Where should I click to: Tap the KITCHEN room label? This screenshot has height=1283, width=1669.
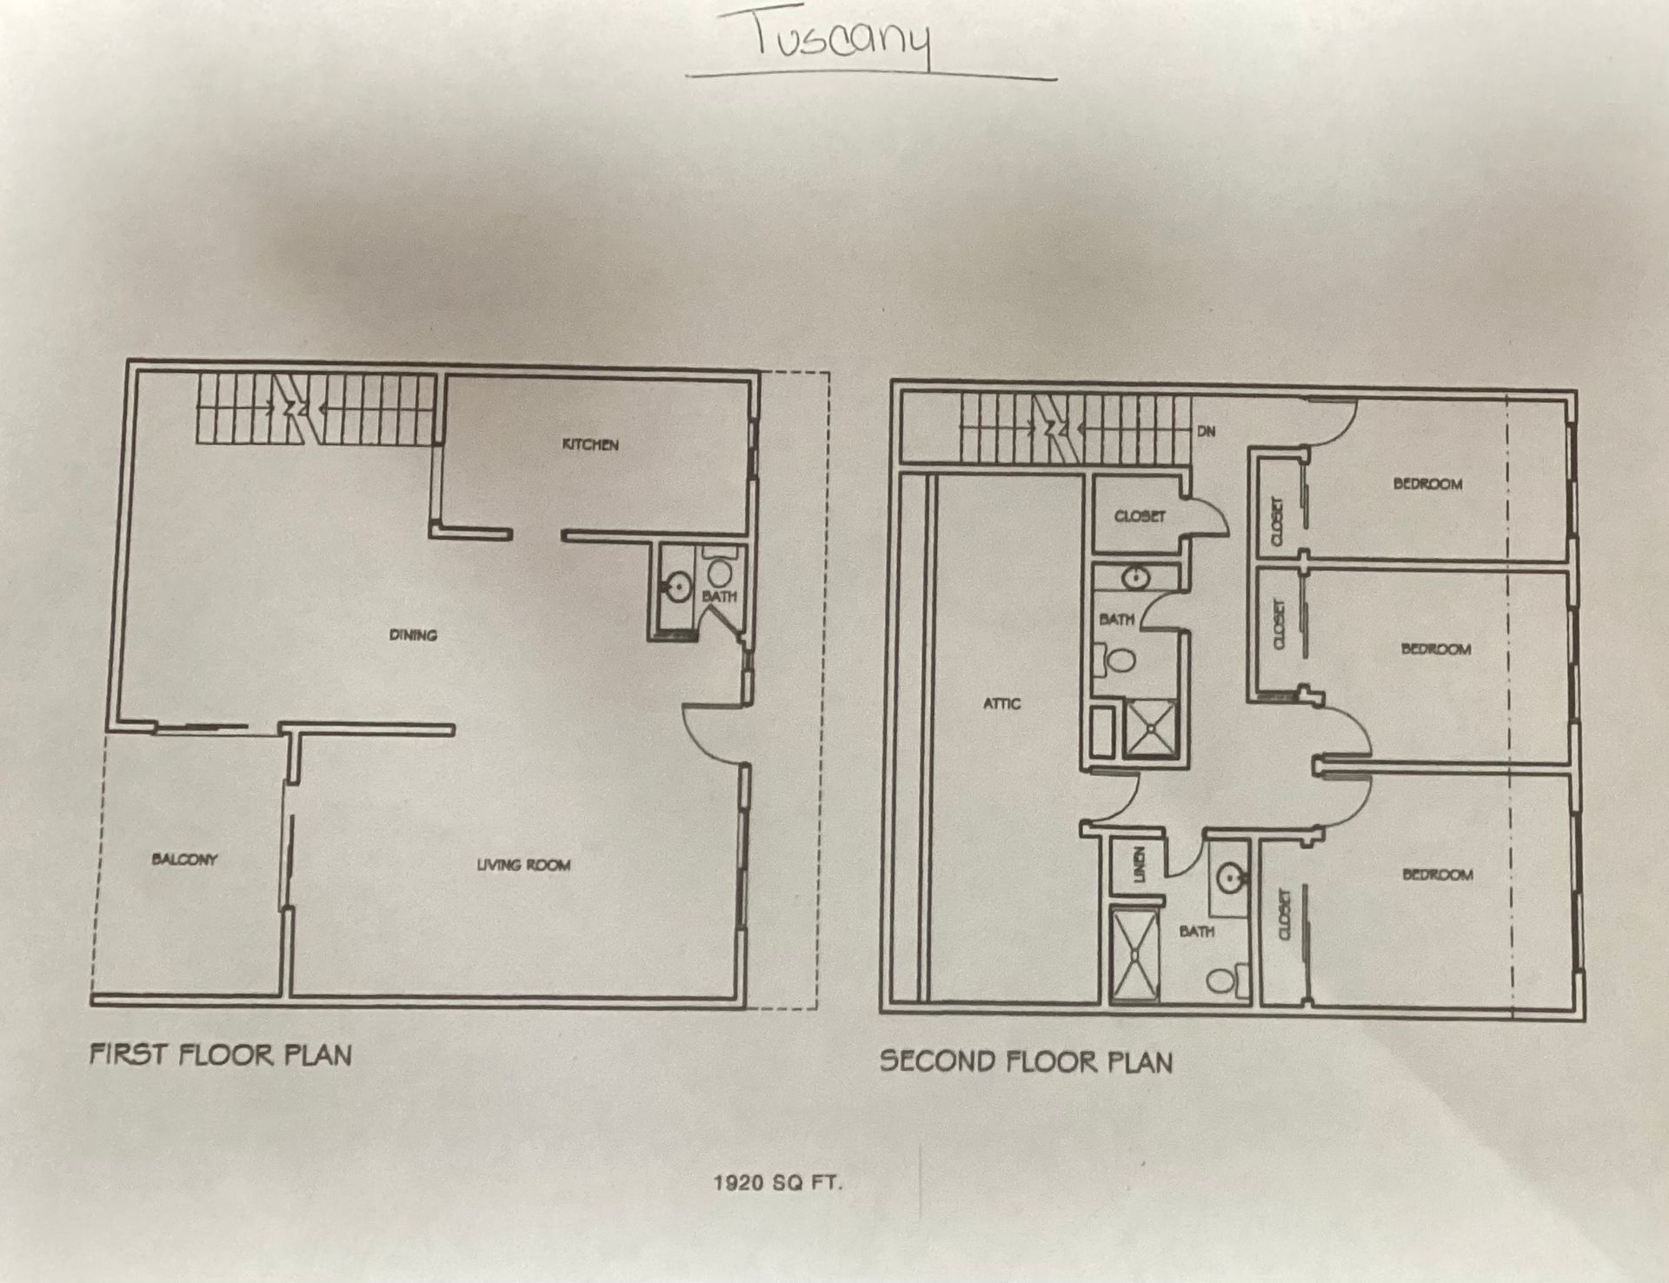(x=590, y=445)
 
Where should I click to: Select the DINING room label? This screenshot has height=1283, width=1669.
(x=413, y=635)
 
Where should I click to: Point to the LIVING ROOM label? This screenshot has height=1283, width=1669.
(x=523, y=865)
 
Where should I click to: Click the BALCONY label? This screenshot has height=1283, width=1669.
(x=184, y=860)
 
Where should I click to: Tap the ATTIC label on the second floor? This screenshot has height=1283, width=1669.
(x=1001, y=703)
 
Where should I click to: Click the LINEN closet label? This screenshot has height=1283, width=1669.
(x=1140, y=865)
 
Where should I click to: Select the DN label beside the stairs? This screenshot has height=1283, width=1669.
(x=1207, y=431)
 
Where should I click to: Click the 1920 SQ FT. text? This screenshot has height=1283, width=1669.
(x=778, y=1182)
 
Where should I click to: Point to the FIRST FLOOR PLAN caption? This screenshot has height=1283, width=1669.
(x=221, y=1055)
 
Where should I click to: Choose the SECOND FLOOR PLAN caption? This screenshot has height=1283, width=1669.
(x=1026, y=1061)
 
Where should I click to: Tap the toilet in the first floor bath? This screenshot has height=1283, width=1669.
(x=720, y=571)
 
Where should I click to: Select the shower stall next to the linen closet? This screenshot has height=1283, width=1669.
(x=1135, y=954)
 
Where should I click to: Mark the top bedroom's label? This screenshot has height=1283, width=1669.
(x=1427, y=484)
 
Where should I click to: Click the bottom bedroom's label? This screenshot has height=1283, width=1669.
(x=1438, y=874)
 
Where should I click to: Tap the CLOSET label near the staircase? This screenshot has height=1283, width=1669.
(x=1140, y=516)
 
